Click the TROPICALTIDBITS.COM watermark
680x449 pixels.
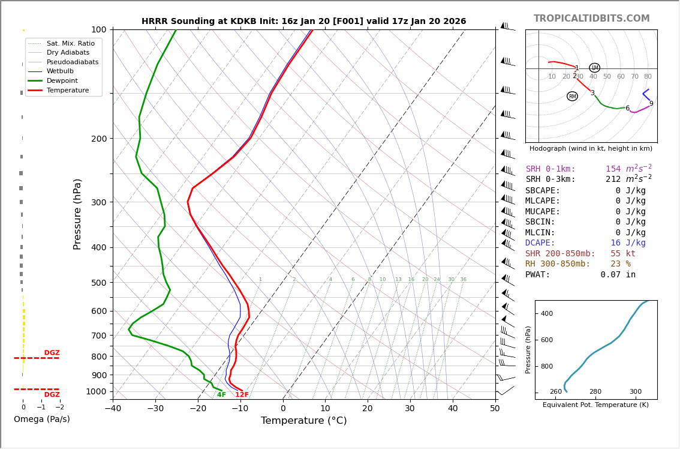click(591, 19)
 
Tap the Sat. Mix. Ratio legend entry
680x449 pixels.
click(70, 43)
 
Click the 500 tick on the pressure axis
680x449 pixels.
click(98, 283)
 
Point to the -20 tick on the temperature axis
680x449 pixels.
click(198, 409)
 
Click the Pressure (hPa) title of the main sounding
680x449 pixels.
click(77, 214)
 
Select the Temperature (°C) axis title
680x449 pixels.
click(303, 421)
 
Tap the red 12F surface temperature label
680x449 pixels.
click(242, 395)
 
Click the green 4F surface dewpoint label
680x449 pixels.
click(221, 395)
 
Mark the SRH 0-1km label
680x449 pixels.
click(550, 169)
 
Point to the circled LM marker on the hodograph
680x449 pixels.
click(594, 68)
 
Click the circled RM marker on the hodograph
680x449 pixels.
click(572, 97)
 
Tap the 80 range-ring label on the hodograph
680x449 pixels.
click(648, 77)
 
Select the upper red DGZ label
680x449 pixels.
click(52, 353)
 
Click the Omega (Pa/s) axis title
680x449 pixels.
click(41, 419)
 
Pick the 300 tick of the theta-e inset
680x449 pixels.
click(635, 392)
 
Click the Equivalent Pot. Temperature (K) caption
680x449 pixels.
click(595, 405)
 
